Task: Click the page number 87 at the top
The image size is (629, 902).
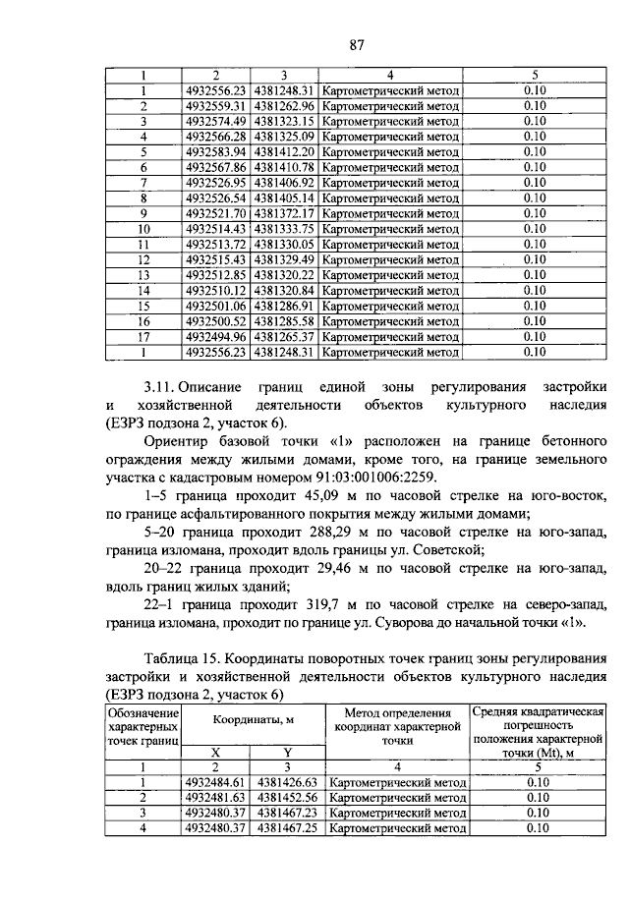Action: [357, 42]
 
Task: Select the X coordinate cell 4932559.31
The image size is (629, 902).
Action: [216, 106]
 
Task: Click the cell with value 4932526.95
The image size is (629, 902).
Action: [216, 183]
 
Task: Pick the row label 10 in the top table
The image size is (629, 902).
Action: [143, 229]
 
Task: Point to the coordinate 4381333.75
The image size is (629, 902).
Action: [283, 229]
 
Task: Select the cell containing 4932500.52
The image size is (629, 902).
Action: [216, 320]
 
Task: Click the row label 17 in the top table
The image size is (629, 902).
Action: [143, 336]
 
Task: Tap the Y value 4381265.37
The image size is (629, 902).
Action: [283, 336]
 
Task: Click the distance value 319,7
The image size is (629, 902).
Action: [326, 604]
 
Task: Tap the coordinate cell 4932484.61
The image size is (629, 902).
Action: [217, 782]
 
